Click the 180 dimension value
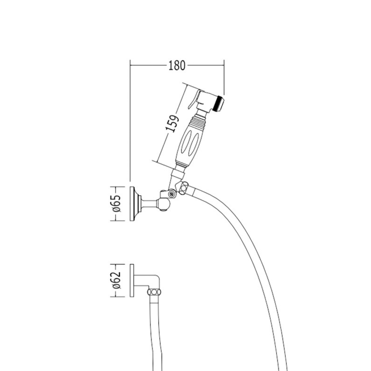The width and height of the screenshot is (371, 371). (x=177, y=66)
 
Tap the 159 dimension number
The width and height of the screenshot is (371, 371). (x=172, y=123)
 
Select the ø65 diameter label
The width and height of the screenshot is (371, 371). (x=117, y=204)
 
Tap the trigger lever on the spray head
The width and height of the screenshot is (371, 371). (x=194, y=99)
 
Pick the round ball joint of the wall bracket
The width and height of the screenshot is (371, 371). (x=164, y=204)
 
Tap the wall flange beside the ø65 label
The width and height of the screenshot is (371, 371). (x=132, y=204)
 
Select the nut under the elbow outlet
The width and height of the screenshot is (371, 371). (x=154, y=292)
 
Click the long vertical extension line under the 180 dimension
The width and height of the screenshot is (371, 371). (x=130, y=121)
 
